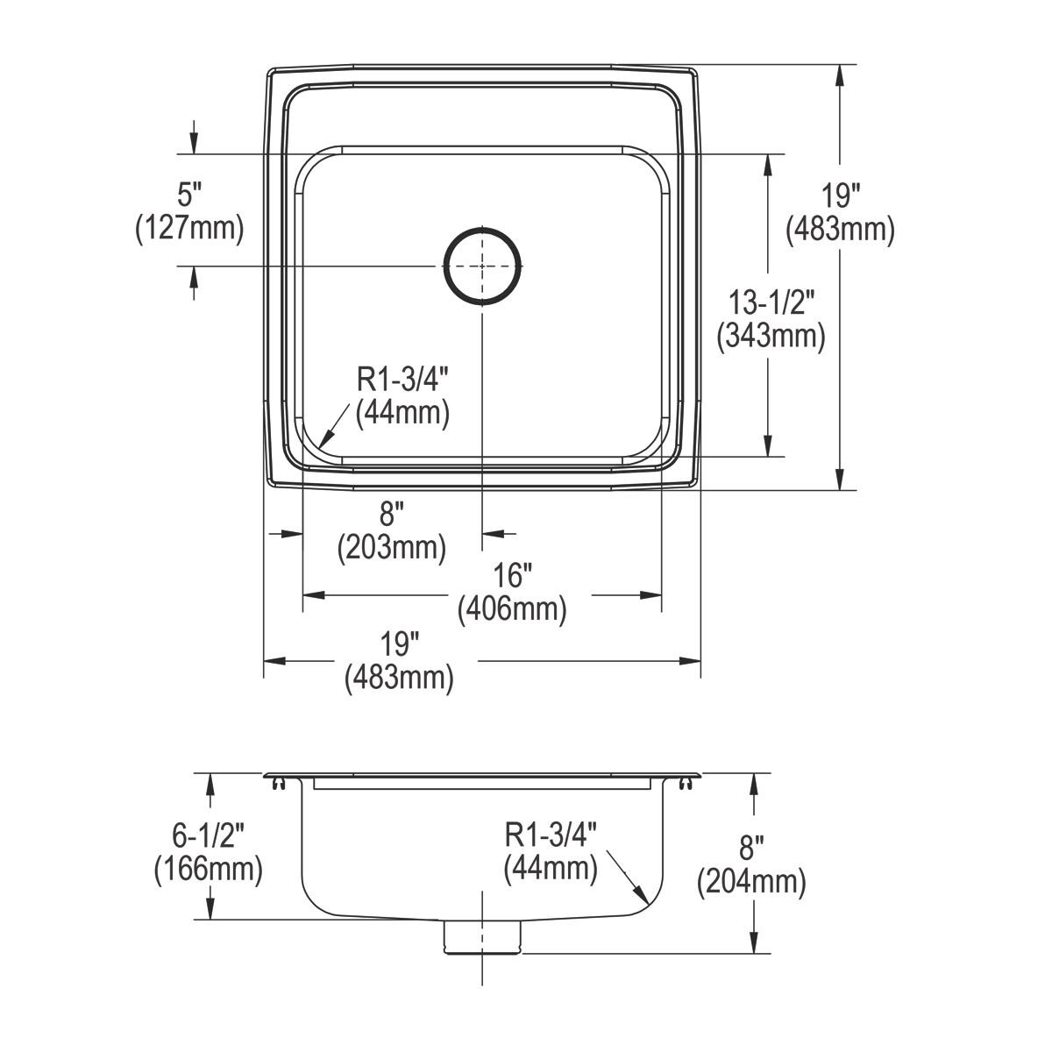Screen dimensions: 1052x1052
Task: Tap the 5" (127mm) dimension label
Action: click(x=189, y=211)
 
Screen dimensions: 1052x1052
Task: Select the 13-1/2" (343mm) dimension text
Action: click(x=771, y=321)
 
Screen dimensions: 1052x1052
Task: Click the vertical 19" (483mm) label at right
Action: click(x=840, y=213)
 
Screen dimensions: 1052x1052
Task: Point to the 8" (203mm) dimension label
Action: click(x=392, y=531)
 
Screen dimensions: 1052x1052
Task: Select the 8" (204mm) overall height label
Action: click(x=751, y=865)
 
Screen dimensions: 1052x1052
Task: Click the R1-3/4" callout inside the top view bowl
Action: click(x=402, y=396)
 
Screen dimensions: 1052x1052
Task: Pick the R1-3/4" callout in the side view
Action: click(x=551, y=851)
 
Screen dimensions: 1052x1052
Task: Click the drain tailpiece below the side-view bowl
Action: click(x=482, y=935)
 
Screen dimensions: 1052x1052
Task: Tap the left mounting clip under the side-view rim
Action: click(x=279, y=783)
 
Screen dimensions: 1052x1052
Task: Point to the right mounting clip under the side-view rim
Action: click(x=685, y=783)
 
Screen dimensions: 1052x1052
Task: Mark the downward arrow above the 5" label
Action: click(x=195, y=144)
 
